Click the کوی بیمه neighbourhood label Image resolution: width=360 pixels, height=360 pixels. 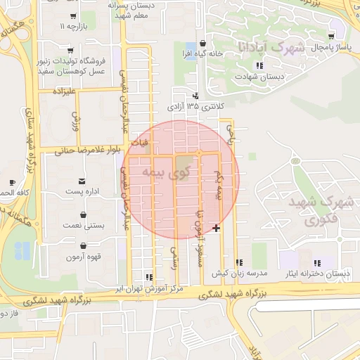[x=167, y=172]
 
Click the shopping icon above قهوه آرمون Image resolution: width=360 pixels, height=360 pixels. [x=84, y=247]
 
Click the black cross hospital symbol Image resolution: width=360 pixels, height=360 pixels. [x=216, y=228]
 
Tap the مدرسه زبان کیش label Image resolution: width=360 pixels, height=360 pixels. [x=240, y=272]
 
